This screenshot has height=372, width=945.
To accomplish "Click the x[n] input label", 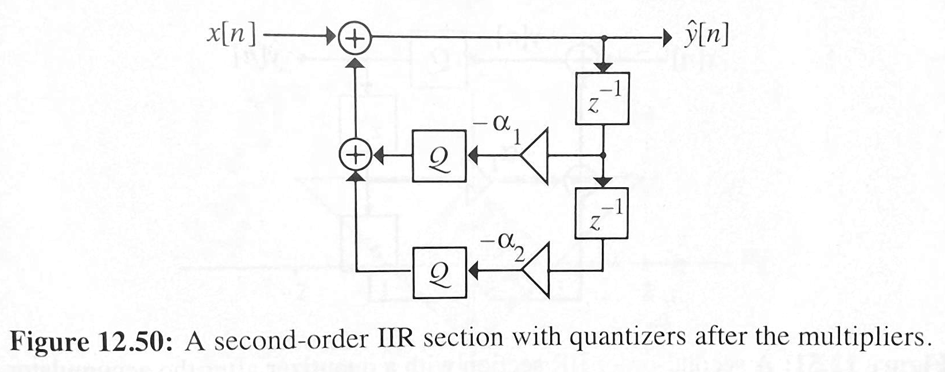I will [x=231, y=36].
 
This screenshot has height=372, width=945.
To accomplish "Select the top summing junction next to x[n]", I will [x=356, y=39].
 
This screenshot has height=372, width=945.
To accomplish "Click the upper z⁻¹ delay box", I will [x=602, y=98].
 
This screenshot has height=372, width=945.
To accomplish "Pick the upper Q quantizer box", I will [x=439, y=156].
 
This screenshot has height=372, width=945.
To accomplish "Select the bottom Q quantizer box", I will [x=439, y=270].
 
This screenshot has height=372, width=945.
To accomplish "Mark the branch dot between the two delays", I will [x=602, y=156].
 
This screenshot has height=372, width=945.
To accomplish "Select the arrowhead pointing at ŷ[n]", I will [x=666, y=38].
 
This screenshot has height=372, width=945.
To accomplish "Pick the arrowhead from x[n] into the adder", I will [x=331, y=38].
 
